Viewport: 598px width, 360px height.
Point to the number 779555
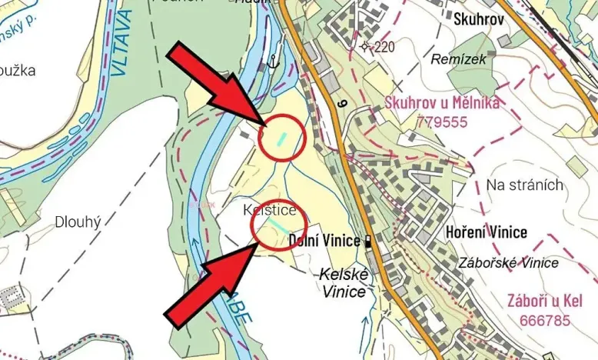click(x=442, y=121)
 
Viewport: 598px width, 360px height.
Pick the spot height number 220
click(x=384, y=47)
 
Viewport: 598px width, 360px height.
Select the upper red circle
click(x=282, y=138)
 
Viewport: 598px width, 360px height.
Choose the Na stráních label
click(x=525, y=185)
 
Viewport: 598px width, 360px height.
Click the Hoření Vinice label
click(x=487, y=232)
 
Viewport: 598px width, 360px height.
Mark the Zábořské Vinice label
click(x=508, y=263)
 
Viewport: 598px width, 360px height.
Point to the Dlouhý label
click(x=78, y=222)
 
